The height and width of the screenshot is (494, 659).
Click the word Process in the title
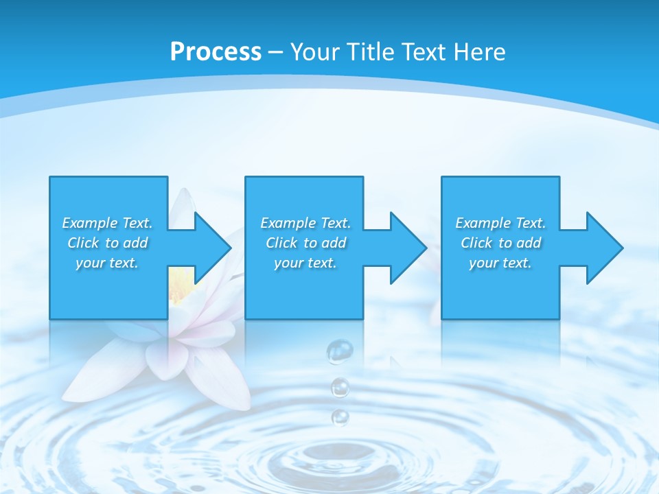[216, 52]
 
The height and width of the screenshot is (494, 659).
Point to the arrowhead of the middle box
[407, 248]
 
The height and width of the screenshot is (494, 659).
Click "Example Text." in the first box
[107, 223]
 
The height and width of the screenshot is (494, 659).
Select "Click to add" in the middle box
[305, 243]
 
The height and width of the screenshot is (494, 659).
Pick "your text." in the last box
[500, 263]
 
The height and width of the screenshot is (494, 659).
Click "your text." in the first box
[107, 263]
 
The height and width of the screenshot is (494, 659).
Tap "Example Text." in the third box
[500, 223]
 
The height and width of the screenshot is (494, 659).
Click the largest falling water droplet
[339, 351]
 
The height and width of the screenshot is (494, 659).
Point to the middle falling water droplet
[340, 388]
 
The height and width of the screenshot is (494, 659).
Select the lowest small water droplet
[340, 416]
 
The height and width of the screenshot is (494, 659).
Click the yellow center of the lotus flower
[180, 281]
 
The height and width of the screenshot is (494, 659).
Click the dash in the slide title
[276, 52]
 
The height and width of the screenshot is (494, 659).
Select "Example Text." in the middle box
[305, 223]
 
